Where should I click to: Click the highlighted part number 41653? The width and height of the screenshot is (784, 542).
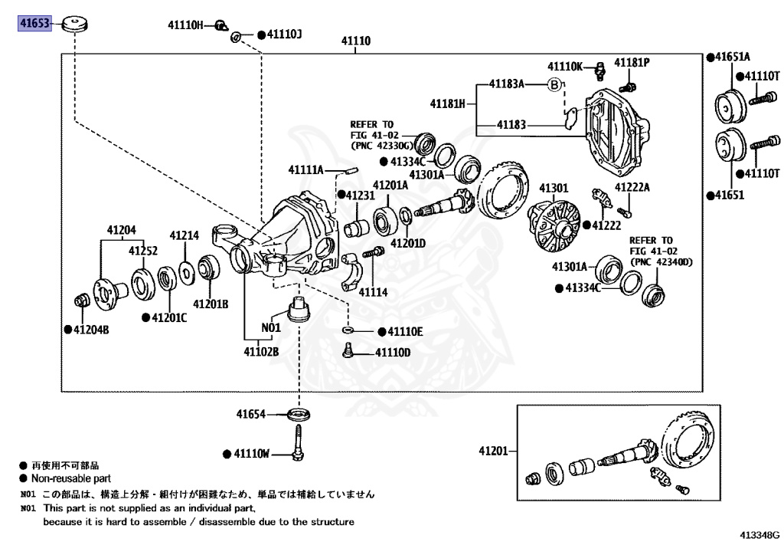[x=33, y=25]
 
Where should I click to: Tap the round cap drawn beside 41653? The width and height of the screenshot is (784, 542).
[x=76, y=23]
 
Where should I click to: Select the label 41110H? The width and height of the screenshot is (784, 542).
[x=185, y=25]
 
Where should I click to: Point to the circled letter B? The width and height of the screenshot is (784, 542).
[x=554, y=84]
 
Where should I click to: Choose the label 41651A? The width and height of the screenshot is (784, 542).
[x=733, y=57]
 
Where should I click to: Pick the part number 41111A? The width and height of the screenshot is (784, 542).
[x=306, y=169]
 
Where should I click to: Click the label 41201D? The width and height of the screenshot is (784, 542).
[x=408, y=243]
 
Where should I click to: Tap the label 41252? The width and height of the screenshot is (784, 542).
[x=143, y=251]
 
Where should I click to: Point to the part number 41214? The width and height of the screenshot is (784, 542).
[x=185, y=235]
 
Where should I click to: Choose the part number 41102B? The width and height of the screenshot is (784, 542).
[x=262, y=352]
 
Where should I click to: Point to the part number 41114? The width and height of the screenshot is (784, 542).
[x=374, y=292]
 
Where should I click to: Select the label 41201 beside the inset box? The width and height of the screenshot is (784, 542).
[x=495, y=451]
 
